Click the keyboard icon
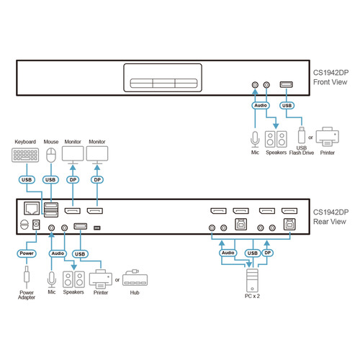pos(25,155)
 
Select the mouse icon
pos(51,156)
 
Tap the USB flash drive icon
pos(302,135)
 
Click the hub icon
pos(135,278)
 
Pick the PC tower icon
pos(252,280)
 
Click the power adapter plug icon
pos(27,276)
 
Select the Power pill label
pos(27,253)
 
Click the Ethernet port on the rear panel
pos(32,208)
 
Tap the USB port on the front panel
pos(287,84)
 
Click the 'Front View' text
pos(330,82)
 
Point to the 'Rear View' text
pos(330,222)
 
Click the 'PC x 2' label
pos(252,296)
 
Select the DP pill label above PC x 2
pos(268,253)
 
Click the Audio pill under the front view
pos(261,105)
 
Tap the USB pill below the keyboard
pos(27,180)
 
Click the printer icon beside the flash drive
pos(328,137)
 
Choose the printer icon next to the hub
pos(101,279)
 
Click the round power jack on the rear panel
pos(24,225)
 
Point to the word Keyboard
pos(25,142)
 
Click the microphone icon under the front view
pos(255,140)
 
